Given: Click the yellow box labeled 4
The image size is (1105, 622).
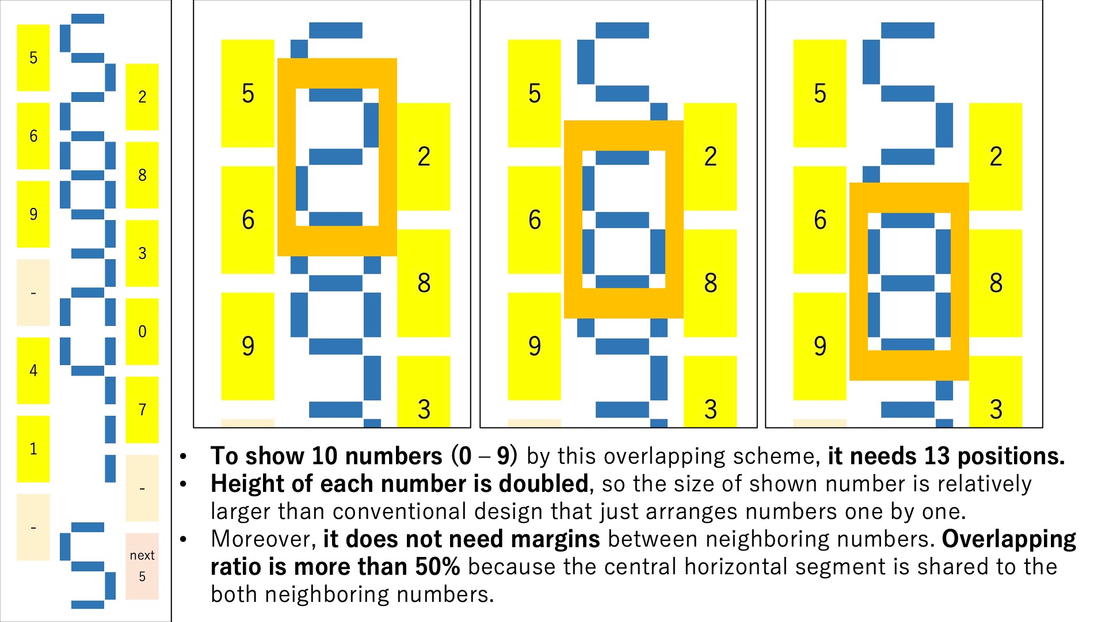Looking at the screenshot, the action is tap(33, 370).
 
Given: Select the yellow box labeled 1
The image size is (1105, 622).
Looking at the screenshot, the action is tap(33, 449).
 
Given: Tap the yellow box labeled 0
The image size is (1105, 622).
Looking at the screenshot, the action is tap(142, 331).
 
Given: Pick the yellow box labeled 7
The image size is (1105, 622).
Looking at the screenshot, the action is tap(142, 409).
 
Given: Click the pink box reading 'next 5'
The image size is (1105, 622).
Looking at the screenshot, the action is tap(142, 566).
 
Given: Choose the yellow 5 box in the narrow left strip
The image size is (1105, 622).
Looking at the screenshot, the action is tap(33, 58).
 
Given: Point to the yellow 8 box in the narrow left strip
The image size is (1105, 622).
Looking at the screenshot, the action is tap(142, 175).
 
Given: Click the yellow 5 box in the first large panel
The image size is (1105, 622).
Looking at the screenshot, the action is tap(248, 93).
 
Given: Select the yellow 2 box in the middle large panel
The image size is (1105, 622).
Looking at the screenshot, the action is tap(710, 157).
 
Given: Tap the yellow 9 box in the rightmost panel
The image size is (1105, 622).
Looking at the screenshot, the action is tap(820, 346).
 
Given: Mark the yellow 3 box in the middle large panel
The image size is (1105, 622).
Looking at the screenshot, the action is tap(710, 392).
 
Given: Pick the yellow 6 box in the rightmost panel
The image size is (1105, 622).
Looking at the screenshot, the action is tap(820, 220).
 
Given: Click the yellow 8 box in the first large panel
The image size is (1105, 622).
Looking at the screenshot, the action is tap(424, 283).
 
